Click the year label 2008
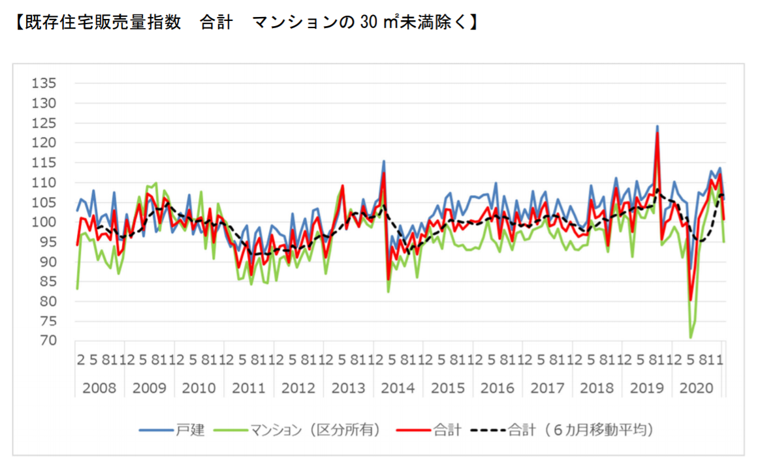pos(99,388)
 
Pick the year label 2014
pos(398,388)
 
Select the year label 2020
pos(696,388)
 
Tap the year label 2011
pos(249,388)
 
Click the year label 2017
pos(547,388)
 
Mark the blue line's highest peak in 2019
pos(657,126)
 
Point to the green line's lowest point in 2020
pos(690,337)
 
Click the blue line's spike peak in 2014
pos(384,161)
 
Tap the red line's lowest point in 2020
pos(690,301)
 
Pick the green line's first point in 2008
pos(77,288)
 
